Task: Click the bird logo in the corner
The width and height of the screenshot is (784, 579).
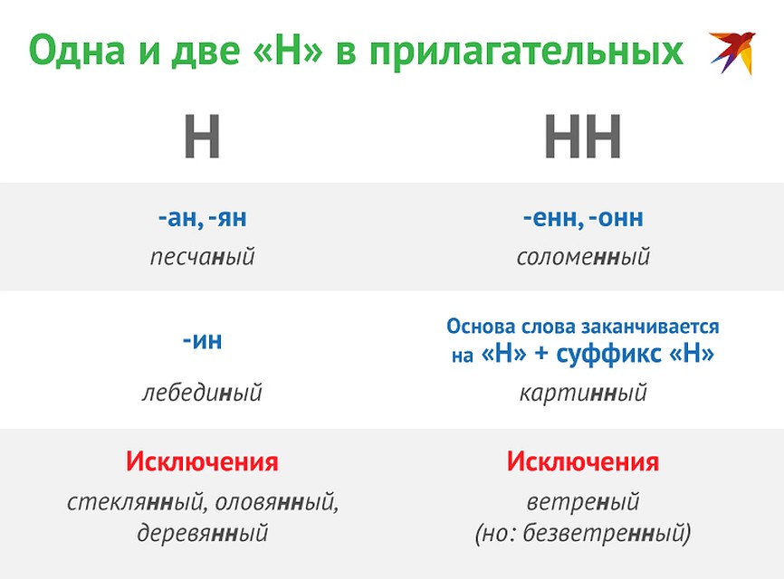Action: coord(733,52)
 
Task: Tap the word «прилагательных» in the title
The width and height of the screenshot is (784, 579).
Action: coord(527,52)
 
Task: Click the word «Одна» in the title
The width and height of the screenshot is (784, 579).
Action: coord(77,51)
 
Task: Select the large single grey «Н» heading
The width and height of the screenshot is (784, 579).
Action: coord(202,136)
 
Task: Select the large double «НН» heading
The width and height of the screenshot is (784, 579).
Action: coord(582,136)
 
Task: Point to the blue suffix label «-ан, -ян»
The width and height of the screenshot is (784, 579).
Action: coord(202,218)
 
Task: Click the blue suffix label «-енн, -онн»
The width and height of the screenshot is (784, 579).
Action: coord(582,218)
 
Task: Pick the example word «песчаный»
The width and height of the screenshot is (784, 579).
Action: coord(203,257)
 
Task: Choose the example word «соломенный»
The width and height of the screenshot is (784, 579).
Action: coord(583,257)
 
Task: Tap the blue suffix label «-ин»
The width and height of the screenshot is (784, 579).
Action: coord(202,341)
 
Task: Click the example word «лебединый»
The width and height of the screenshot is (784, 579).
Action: coord(202,392)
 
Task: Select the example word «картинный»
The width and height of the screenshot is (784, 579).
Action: coord(583,393)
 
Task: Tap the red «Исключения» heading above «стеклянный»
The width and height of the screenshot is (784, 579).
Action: coord(202,461)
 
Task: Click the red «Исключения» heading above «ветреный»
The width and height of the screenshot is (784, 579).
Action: coord(582,461)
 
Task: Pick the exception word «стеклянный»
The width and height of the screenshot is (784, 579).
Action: coord(135,501)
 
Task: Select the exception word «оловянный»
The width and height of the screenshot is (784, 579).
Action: coord(274,501)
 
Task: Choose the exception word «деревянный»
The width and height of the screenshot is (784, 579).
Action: coord(203,533)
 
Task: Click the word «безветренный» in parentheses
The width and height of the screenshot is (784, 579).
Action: coord(603,533)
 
